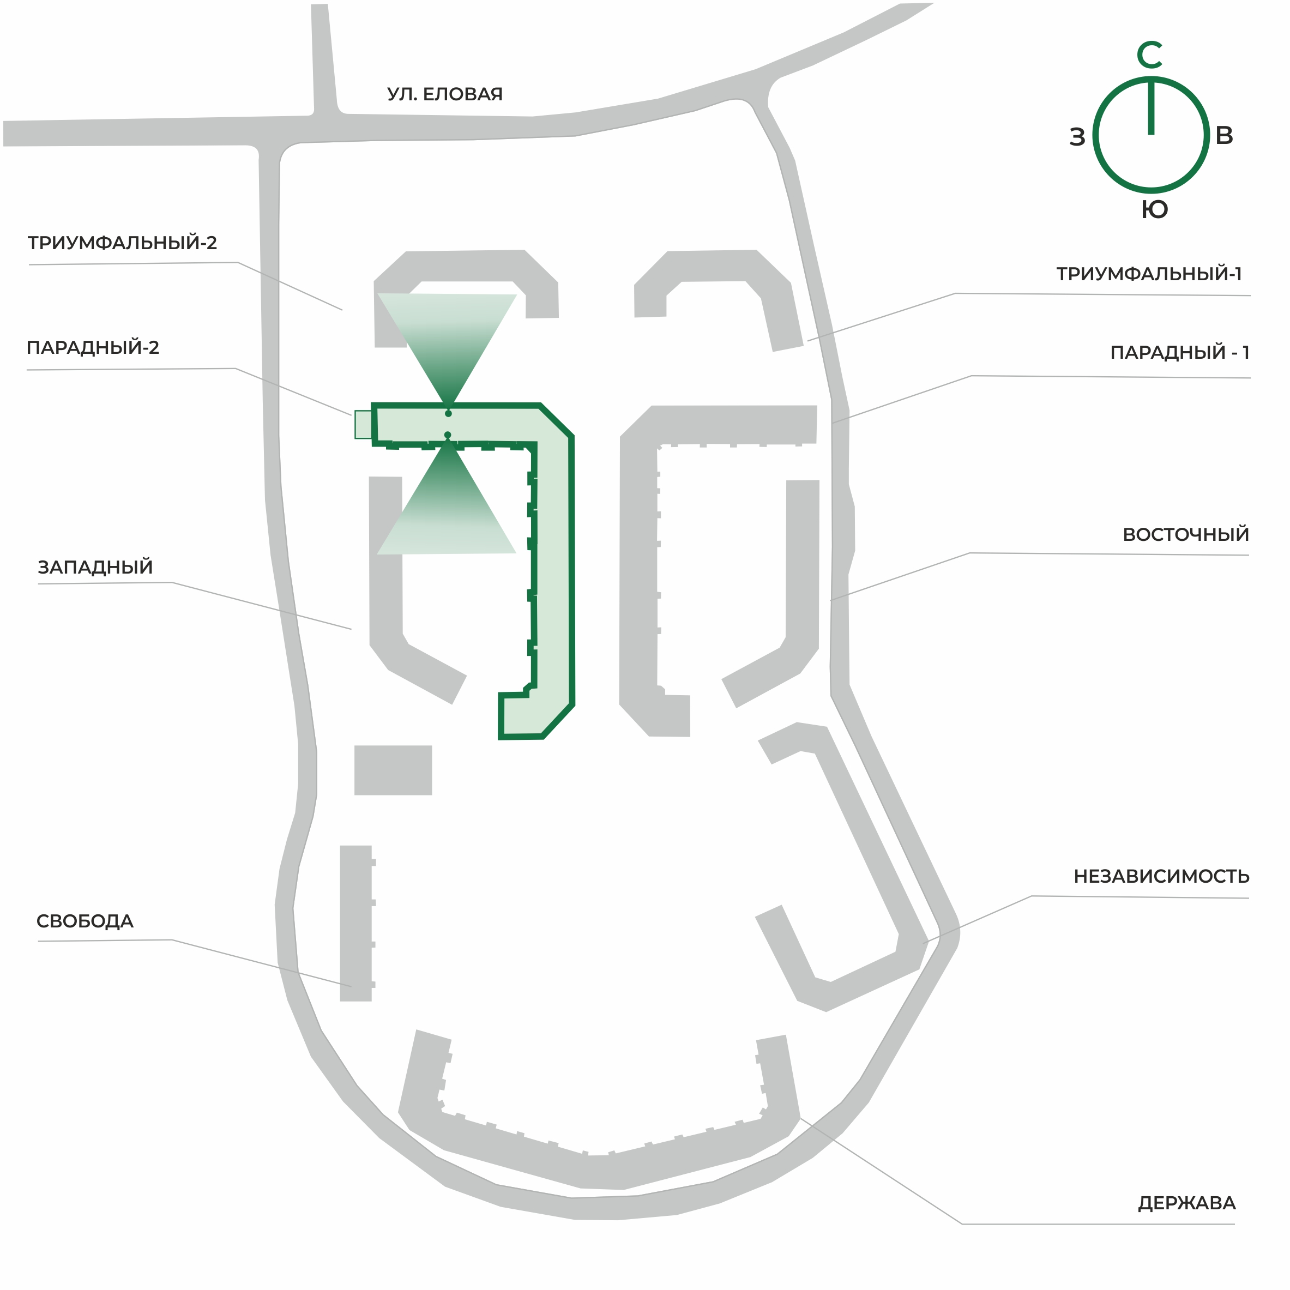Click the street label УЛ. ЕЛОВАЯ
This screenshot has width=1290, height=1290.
[445, 94]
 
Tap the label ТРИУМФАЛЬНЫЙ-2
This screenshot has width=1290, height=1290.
[122, 243]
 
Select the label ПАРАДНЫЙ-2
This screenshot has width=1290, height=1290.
[93, 347]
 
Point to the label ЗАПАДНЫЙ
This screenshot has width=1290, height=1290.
[95, 567]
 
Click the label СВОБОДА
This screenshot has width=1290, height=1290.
[85, 921]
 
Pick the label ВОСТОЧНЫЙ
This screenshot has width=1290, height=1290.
[1186, 534]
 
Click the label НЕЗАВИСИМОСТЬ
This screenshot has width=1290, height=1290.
[1161, 876]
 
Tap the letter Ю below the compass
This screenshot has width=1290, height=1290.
[1154, 210]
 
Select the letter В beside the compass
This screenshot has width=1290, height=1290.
[1224, 136]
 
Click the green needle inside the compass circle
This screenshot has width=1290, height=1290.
[1151, 107]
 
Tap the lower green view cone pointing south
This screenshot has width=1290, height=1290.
[447, 497]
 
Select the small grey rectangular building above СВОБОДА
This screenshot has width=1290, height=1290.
[393, 770]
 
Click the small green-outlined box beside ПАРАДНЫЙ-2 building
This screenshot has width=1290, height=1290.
[363, 425]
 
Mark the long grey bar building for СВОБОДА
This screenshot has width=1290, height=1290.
[357, 924]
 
